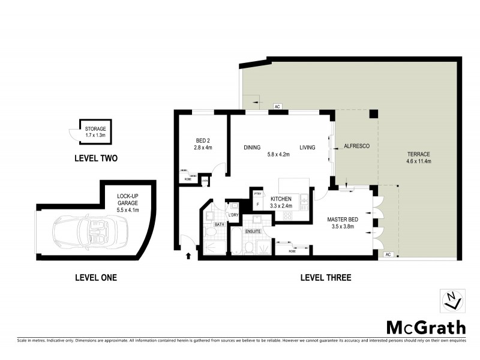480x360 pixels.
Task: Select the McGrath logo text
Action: (425, 328)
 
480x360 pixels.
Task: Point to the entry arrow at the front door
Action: (190, 256)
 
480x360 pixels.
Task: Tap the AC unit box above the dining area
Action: (277, 106)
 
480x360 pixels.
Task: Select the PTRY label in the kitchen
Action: (258, 194)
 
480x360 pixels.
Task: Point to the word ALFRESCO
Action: (356, 146)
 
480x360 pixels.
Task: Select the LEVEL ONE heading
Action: (95, 278)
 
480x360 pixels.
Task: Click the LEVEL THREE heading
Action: (325, 278)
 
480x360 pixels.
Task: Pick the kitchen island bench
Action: (292, 184)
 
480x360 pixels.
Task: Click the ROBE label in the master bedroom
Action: (292, 251)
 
